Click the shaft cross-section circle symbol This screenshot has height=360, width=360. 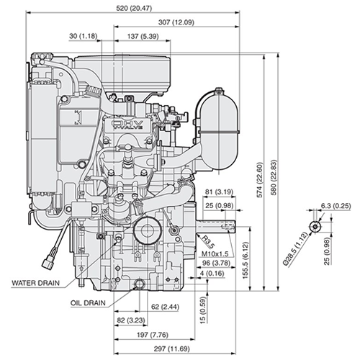tap(315, 226)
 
